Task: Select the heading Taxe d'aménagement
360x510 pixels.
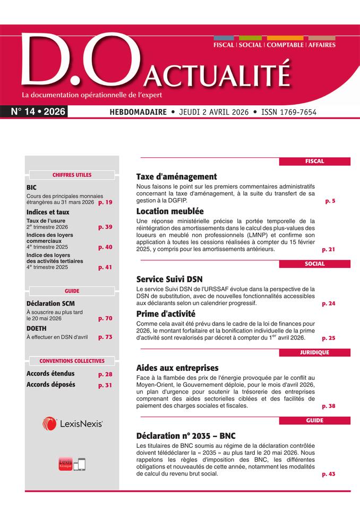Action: click(x=176, y=177)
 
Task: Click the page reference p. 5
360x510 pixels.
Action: click(x=330, y=202)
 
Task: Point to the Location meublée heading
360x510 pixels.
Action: click(x=170, y=211)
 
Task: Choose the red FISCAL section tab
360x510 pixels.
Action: click(x=314, y=161)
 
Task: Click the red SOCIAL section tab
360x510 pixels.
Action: click(x=314, y=263)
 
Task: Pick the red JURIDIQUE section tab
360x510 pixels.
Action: click(x=314, y=352)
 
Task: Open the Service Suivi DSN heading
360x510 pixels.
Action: click(x=169, y=279)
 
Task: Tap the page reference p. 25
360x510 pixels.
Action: click(x=329, y=338)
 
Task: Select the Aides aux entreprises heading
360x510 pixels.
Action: click(x=177, y=368)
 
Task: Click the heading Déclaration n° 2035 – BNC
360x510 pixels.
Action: click(x=186, y=436)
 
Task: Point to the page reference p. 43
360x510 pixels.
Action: click(x=329, y=474)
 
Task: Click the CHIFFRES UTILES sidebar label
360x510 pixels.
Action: click(x=72, y=175)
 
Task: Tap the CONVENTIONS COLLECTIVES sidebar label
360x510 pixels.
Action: click(x=72, y=361)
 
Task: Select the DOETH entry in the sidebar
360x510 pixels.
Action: click(x=37, y=329)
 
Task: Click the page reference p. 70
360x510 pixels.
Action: click(x=105, y=319)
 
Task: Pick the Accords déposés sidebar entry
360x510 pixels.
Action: click(x=50, y=385)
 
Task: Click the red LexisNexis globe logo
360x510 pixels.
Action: click(x=49, y=423)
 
